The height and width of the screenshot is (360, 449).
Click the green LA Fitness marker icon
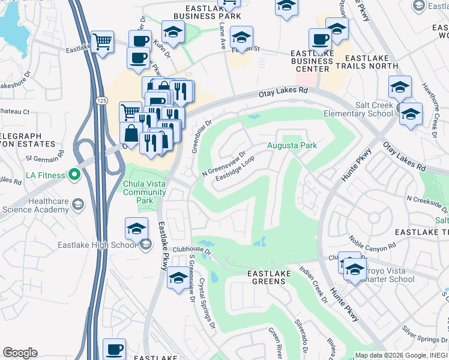(x=74, y=175)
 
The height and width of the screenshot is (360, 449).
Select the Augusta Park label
(x=291, y=145)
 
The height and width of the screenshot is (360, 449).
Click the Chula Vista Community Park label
(x=144, y=188)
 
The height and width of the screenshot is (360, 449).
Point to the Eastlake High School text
(x=97, y=245)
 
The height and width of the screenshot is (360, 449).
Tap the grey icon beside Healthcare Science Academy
(x=77, y=205)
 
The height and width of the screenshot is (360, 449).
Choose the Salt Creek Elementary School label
(x=358, y=109)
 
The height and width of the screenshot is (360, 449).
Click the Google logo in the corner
(x=20, y=353)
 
